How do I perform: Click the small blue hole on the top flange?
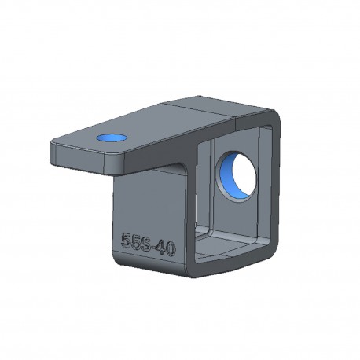112,138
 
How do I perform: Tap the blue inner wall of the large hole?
226,175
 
